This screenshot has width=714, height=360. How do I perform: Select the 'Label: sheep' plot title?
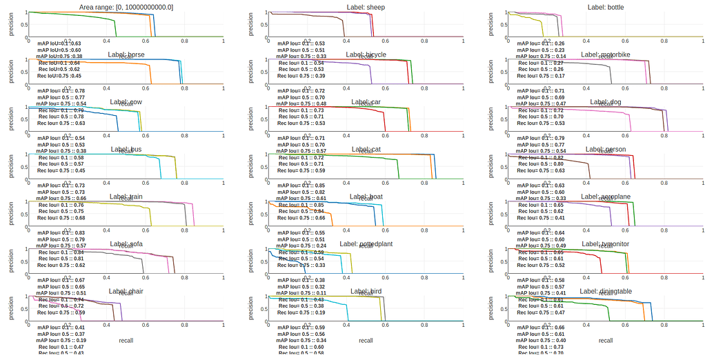(366, 7)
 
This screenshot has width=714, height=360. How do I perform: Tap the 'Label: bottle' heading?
(606, 7)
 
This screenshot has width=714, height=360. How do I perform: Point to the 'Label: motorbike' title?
(605, 54)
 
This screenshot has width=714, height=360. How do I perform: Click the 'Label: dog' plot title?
(606, 102)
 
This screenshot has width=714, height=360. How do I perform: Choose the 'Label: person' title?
(606, 149)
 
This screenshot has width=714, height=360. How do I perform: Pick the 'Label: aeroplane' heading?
(605, 197)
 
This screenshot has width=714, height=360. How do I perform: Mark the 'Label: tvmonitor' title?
(605, 244)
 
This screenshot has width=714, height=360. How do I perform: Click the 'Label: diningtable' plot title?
(605, 292)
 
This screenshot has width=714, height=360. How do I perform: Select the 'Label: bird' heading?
(366, 292)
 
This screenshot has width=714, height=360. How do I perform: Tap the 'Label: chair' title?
(126, 292)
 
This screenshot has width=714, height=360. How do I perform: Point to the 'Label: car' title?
(366, 102)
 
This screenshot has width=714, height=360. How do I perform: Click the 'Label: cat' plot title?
(366, 149)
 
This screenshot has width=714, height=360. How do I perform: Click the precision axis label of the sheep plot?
(250, 23)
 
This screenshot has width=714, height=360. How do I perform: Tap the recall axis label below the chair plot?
(126, 340)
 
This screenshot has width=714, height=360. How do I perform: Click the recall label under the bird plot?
(366, 340)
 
